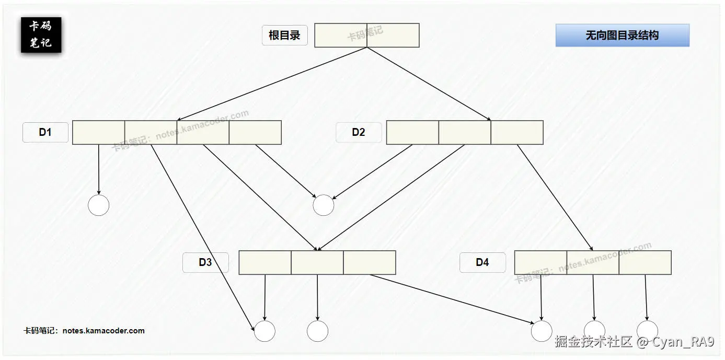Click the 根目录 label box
point(284,36)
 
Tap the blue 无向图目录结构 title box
point(622,36)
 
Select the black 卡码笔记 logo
point(41,35)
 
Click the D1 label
point(45,132)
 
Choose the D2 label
point(359,132)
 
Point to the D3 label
point(205,262)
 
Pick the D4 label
point(482,262)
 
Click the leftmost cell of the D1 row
point(98,132)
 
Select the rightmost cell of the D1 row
point(255,132)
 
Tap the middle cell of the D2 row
point(465,132)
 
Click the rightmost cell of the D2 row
point(517,132)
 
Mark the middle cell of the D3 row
point(317,262)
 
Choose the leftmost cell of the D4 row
point(540,262)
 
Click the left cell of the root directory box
point(340,36)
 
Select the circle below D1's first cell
point(98,205)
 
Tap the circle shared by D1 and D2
point(323,205)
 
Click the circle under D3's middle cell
point(317,331)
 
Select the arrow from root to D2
point(429,84)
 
